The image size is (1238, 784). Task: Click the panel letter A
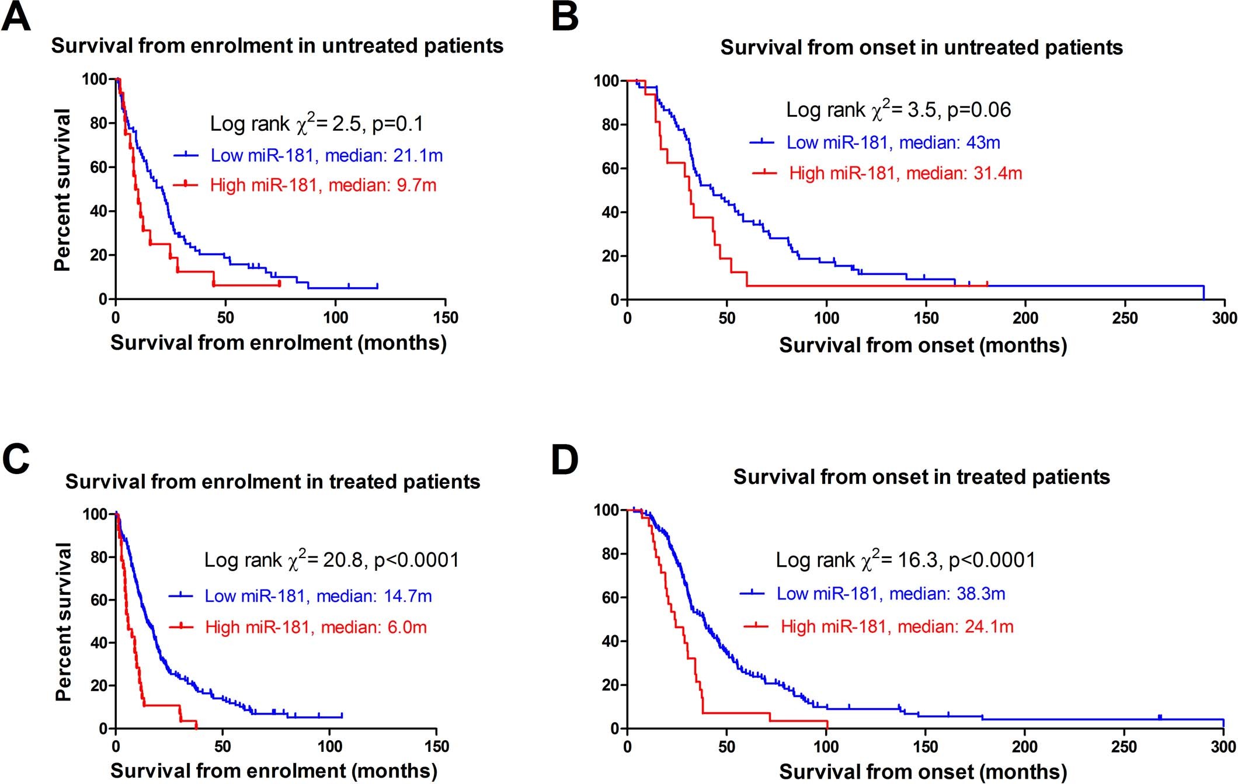coord(16,17)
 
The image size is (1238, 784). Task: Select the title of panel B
coord(921,47)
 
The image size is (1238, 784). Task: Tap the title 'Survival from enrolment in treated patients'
coord(273,482)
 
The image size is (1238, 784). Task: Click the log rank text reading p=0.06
coord(898,109)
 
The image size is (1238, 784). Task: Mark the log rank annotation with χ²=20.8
coord(331,560)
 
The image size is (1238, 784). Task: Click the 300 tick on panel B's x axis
coord(1224,318)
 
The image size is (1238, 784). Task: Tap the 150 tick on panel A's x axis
coord(446,318)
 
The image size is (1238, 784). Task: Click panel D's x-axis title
coord(923,772)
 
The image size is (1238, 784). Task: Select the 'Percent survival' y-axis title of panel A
coord(62,190)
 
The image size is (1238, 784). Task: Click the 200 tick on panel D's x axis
coord(1025,747)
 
